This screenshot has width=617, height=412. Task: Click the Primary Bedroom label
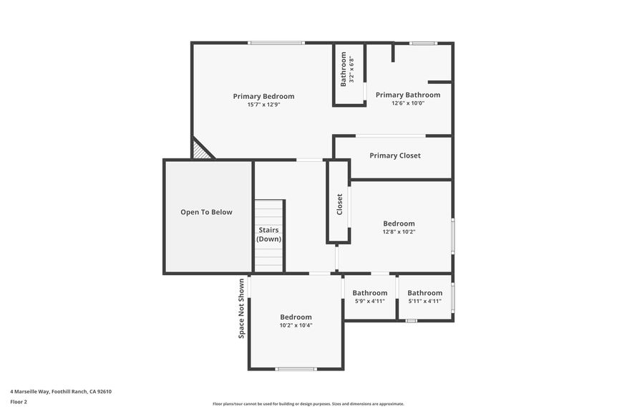click(x=263, y=96)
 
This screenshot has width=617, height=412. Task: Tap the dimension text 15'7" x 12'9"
click(x=263, y=105)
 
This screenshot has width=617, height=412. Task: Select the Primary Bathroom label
click(x=408, y=95)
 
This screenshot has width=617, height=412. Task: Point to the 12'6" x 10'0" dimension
click(x=408, y=103)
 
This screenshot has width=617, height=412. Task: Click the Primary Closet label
click(x=395, y=155)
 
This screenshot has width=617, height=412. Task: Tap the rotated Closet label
click(x=340, y=204)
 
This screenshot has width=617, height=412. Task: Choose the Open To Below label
click(x=206, y=212)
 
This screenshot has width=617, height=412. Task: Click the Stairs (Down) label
click(x=269, y=234)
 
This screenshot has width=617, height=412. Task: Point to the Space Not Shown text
click(x=241, y=307)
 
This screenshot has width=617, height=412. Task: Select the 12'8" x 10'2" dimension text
click(x=399, y=231)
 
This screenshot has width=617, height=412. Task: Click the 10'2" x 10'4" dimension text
click(x=296, y=325)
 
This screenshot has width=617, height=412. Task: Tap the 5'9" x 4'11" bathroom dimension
click(x=369, y=301)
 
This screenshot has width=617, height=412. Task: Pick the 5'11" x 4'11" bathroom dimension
click(x=425, y=301)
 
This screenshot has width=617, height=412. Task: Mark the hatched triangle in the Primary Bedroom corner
click(x=200, y=150)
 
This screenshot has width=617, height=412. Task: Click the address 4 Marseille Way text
click(x=61, y=391)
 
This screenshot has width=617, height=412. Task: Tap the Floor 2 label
click(x=19, y=401)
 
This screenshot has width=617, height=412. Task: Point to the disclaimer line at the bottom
click(x=308, y=403)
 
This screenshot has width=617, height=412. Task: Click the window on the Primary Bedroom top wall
click(x=276, y=43)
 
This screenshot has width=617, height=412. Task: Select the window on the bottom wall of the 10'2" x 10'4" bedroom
click(x=296, y=369)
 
